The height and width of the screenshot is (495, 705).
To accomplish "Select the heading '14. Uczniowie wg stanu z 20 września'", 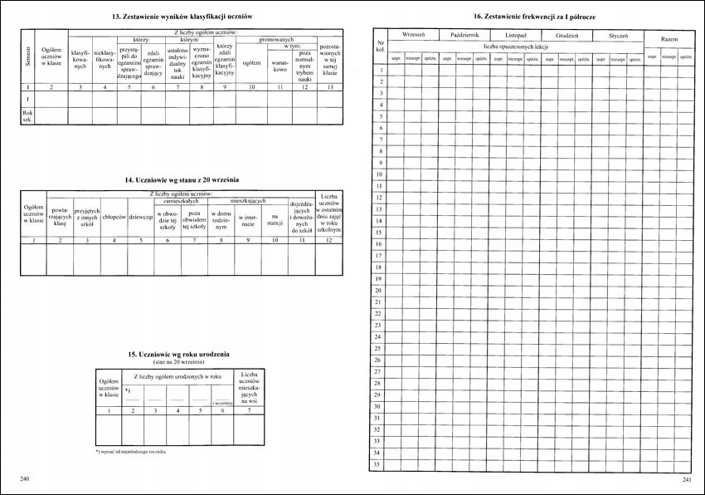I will click(x=182, y=180).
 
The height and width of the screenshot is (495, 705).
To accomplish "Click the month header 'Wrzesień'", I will click(x=413, y=37).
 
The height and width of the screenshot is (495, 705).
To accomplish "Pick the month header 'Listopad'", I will click(x=514, y=37).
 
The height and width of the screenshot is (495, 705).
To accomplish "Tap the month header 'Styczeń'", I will click(x=618, y=37).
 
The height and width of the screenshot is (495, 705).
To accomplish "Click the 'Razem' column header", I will click(x=669, y=40).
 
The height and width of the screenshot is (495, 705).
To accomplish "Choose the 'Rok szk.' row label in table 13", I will click(x=28, y=115).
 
